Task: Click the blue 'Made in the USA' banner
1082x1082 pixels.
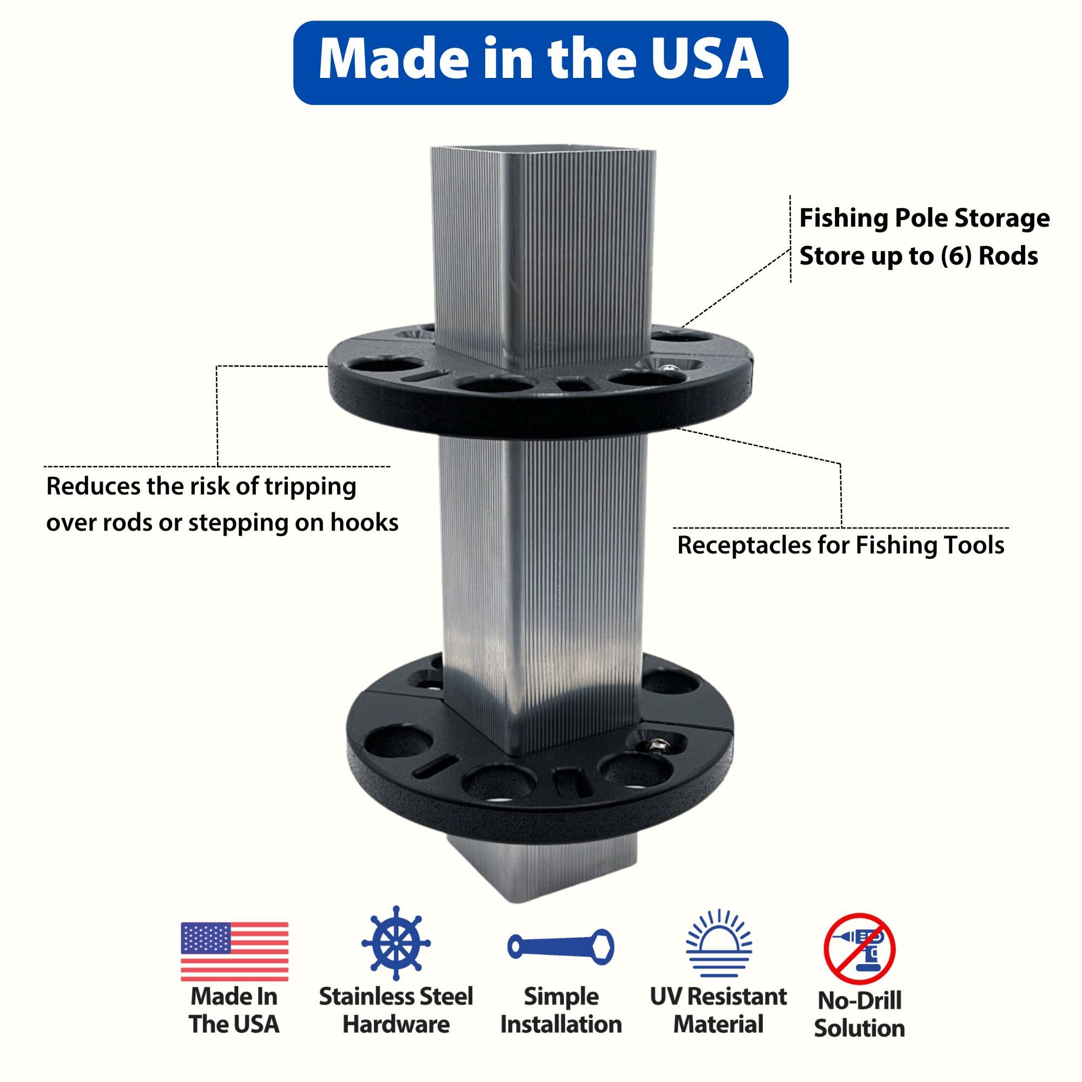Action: (x=540, y=63)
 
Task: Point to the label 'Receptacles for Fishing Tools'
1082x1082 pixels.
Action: (x=841, y=545)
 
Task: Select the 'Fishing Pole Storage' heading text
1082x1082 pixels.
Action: (x=924, y=218)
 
